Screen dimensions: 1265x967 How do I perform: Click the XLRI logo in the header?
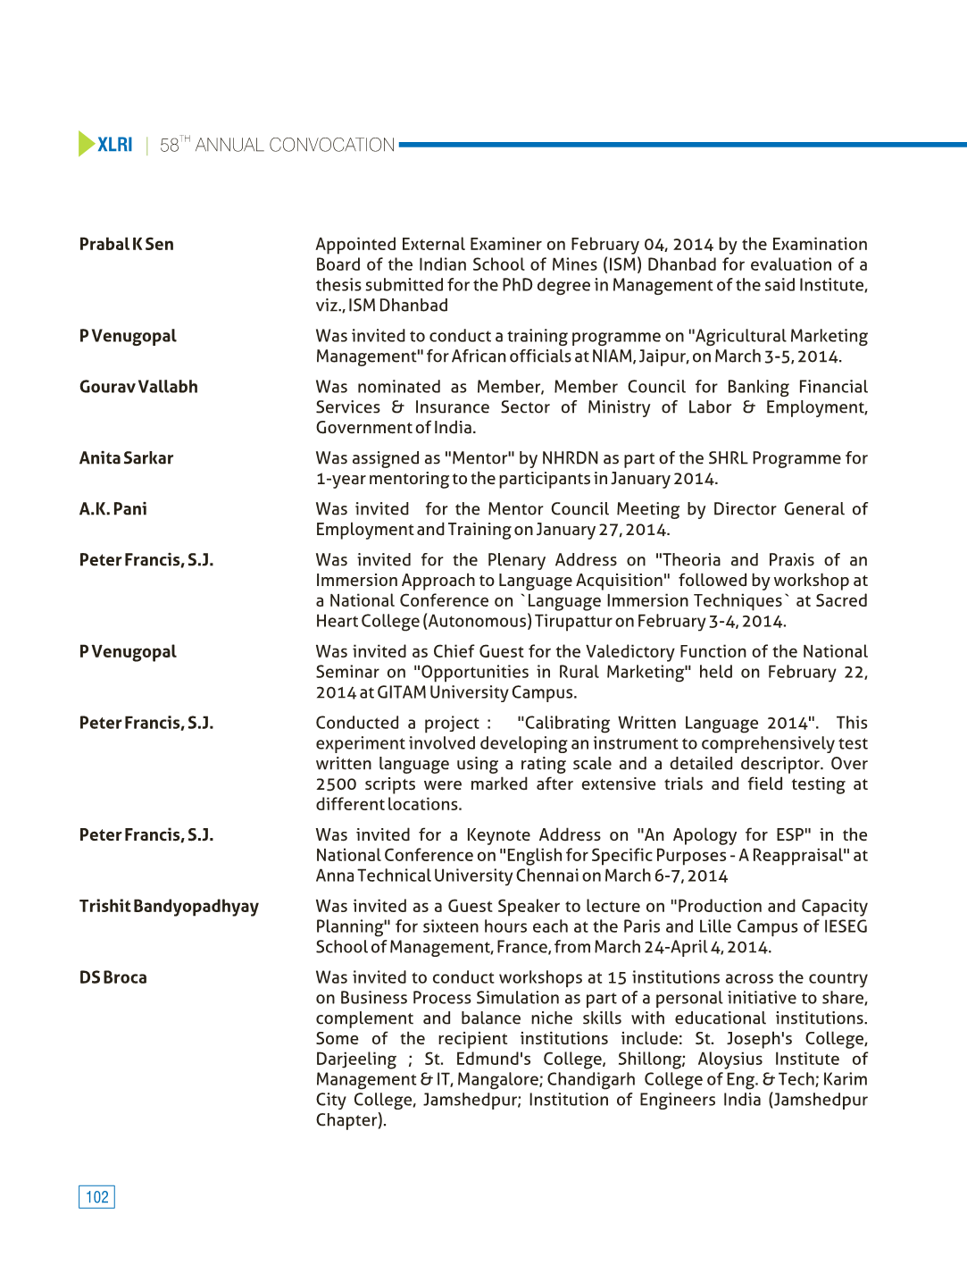[x=105, y=144]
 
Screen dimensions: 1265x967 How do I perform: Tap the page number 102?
[x=96, y=1197]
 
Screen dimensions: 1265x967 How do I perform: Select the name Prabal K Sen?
[x=126, y=244]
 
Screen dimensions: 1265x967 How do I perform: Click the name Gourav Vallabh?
[x=138, y=387]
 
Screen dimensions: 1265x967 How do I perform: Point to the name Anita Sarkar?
[x=126, y=458]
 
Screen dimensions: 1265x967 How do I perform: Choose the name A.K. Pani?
[x=113, y=509]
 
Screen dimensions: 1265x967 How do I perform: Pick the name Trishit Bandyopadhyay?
[x=169, y=907]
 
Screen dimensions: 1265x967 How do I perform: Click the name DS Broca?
[x=113, y=978]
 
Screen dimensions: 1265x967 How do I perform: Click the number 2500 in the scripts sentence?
[x=336, y=784]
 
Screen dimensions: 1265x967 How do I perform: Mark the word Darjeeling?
[x=355, y=1060]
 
